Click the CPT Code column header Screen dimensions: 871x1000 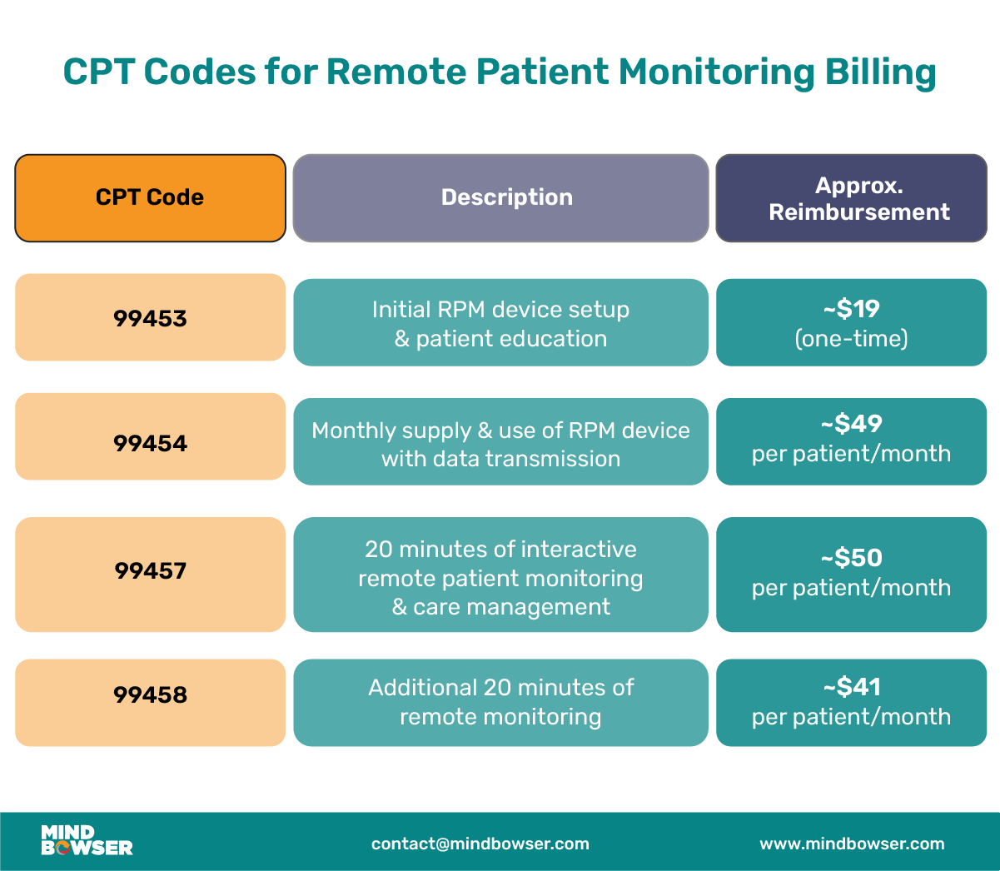click(150, 197)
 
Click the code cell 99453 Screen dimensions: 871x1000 click(150, 318)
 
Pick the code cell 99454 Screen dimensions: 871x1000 click(150, 443)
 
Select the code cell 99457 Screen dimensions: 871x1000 click(150, 571)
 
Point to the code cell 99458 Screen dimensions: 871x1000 click(150, 695)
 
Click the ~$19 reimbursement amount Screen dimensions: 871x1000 click(851, 309)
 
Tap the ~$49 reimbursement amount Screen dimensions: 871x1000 click(851, 424)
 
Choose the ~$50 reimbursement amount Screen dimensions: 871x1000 click(851, 558)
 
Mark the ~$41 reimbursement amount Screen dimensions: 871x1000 click(851, 687)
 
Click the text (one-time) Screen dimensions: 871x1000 click(851, 339)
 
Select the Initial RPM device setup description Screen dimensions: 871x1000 click(500, 323)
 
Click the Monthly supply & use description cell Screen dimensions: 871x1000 click(500, 444)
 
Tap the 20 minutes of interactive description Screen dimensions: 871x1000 click(500, 577)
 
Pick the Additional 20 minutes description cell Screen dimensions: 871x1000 click(500, 702)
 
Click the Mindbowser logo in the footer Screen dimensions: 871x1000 click(87, 841)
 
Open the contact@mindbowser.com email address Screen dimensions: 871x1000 click(480, 844)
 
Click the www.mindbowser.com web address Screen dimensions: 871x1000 click(852, 844)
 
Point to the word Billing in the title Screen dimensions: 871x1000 click(880, 72)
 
